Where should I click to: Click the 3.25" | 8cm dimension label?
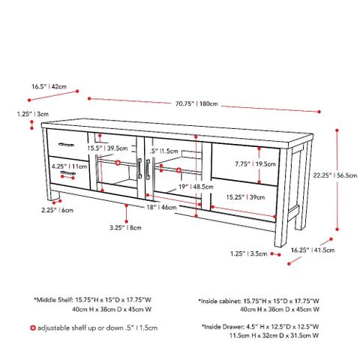(124, 226)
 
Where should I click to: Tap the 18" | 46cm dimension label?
(163, 206)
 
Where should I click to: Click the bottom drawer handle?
(68, 173)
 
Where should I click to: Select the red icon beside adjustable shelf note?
(32, 328)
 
